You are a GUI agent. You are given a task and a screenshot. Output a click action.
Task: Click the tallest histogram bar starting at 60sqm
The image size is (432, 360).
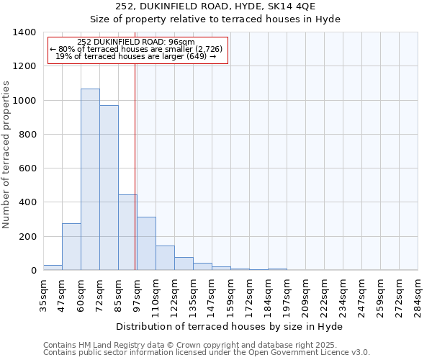coord(90,180)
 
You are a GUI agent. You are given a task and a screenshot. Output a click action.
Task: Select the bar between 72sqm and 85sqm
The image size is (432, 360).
coord(109,188)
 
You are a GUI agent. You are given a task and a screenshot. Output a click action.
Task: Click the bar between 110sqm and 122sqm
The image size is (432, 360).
coord(165,258)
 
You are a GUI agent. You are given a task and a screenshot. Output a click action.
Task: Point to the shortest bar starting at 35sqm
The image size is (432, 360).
coord(53,268)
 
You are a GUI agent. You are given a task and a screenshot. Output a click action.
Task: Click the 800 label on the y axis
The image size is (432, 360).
coord(27,135)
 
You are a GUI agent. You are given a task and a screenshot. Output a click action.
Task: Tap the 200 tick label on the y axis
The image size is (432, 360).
coord(27,237)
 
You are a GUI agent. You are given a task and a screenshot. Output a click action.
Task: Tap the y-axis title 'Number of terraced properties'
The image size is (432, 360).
coord(6,155)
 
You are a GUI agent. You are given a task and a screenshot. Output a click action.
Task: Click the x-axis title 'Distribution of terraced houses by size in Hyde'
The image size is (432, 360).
coord(230,327)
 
